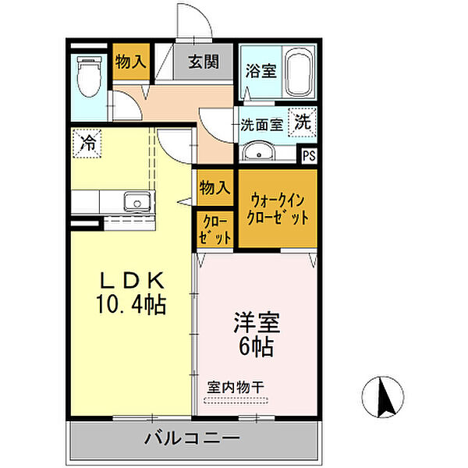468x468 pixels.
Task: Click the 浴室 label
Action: coord(260,71)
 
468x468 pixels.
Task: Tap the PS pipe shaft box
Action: coord(310,154)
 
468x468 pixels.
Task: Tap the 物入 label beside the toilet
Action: coord(130,62)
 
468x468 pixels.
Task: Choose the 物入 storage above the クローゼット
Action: coord(214,188)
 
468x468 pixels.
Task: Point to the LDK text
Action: coord(131,279)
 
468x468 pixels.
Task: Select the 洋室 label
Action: coord(256,322)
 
